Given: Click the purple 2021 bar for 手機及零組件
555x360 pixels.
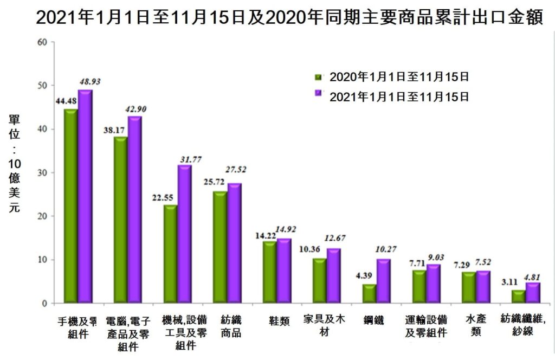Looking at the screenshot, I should (85, 196).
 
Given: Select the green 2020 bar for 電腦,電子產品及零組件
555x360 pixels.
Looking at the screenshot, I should (120, 220).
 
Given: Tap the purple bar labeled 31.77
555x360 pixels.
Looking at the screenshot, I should (184, 234).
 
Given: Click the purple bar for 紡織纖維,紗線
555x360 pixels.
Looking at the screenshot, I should (533, 293).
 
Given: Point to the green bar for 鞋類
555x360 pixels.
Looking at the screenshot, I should (269, 272).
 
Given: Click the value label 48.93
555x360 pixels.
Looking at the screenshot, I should (89, 81).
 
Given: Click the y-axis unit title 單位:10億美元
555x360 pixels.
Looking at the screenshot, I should (14, 163).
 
